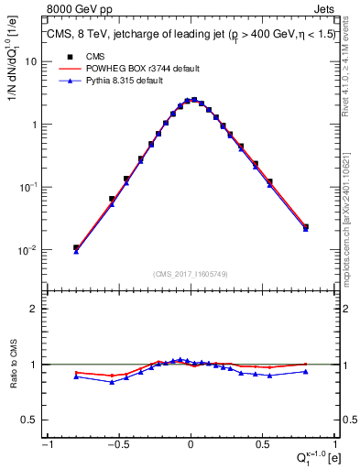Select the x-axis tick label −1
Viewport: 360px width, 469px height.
pyautogui.click(x=46, y=444)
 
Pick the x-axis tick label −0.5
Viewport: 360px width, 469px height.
pyautogui.click(x=117, y=444)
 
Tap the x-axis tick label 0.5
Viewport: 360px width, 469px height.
pyautogui.click(x=263, y=444)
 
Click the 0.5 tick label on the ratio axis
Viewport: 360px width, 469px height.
pyautogui.click(x=31, y=420)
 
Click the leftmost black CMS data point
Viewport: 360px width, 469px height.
pyautogui.click(x=76, y=247)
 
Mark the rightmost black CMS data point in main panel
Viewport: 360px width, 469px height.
pyautogui.click(x=306, y=226)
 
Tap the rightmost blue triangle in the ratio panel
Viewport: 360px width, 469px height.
pyautogui.click(x=306, y=371)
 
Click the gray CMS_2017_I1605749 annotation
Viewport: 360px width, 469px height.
pyautogui.click(x=190, y=274)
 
